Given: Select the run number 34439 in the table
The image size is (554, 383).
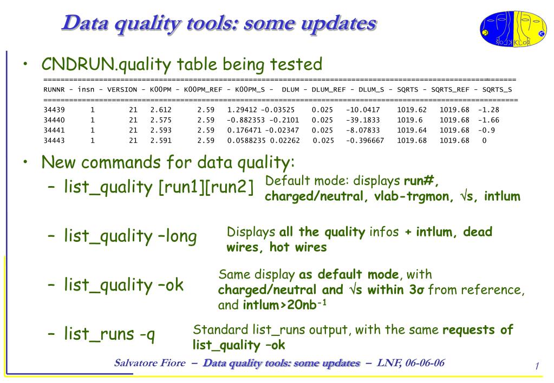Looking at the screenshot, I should point(53,110).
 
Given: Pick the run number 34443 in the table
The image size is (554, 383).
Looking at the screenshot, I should point(53,141).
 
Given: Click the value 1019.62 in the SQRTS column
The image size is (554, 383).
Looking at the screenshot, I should point(412,110).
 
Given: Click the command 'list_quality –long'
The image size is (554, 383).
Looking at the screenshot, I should point(130,236).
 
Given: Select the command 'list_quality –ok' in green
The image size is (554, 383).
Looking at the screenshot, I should point(123,285).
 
